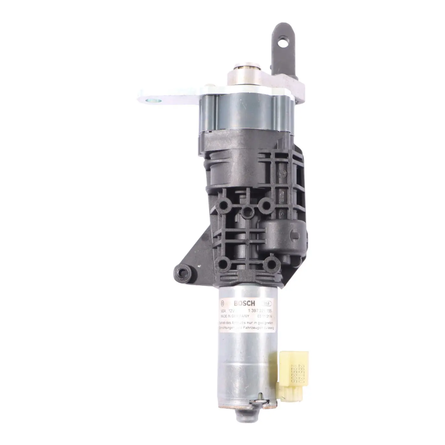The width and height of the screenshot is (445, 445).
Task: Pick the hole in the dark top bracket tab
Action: [x=283, y=43]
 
